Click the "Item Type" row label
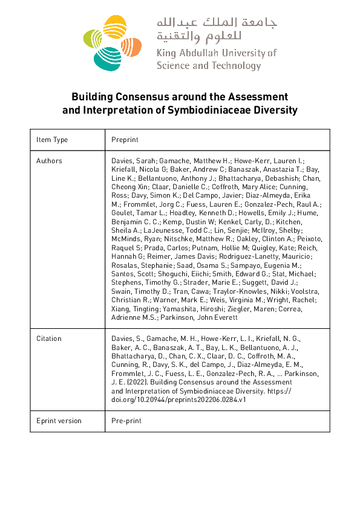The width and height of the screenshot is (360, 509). click(x=52, y=140)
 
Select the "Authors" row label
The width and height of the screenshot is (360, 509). click(x=49, y=161)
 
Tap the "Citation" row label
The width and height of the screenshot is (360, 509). click(x=49, y=339)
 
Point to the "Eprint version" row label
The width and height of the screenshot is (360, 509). click(x=59, y=421)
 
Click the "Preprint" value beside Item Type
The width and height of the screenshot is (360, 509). click(x=125, y=140)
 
